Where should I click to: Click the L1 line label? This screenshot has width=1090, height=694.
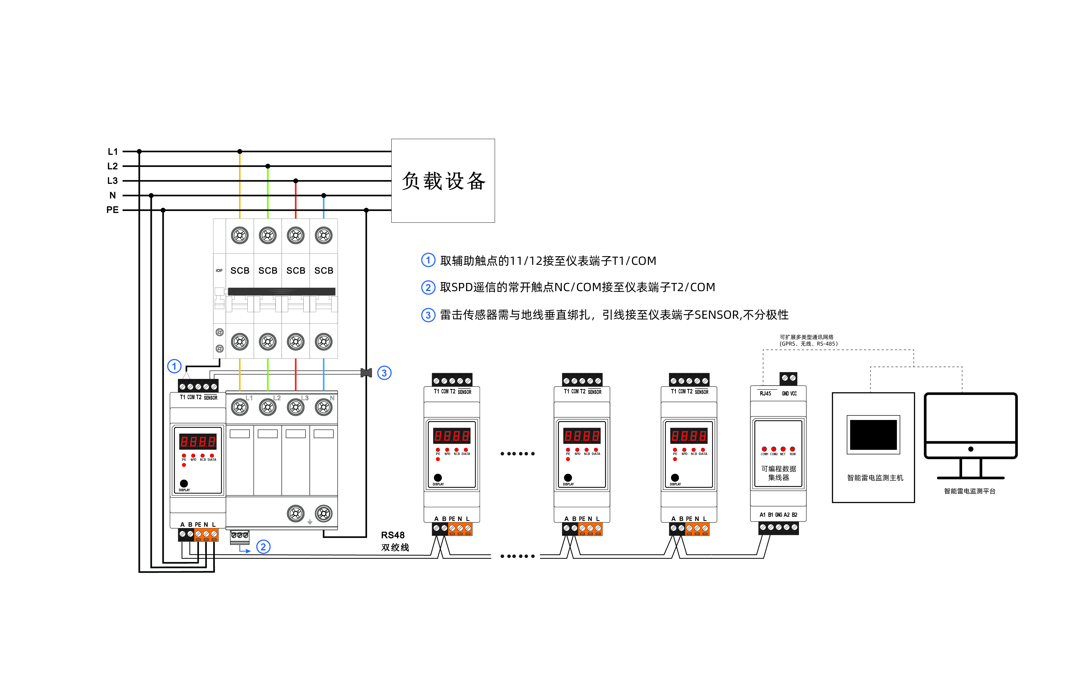pos(113,151)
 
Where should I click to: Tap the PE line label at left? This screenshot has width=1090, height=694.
pos(112,210)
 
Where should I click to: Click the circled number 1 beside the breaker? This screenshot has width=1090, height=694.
pos(174,366)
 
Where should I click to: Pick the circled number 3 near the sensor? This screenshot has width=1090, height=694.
pos(384,373)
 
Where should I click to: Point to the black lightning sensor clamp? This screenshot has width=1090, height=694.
pos(366,373)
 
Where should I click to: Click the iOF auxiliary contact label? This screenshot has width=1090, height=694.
pos(219,271)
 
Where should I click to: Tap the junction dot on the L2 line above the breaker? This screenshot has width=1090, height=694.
pos(268,166)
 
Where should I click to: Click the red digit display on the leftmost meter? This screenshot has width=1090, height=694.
pos(198,442)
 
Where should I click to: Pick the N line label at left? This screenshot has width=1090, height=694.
pos(113,195)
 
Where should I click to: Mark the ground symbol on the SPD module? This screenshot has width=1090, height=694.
pos(310,522)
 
